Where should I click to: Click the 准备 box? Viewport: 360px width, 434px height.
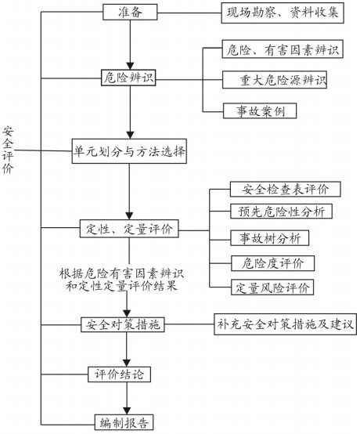(130, 13)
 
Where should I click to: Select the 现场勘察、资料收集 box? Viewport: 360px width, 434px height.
(283, 13)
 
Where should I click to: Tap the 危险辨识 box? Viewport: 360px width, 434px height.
(128, 78)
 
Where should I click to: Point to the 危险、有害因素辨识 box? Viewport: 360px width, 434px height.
(283, 49)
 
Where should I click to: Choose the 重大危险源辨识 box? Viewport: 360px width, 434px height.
(275, 80)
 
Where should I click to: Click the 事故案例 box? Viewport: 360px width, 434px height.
(260, 111)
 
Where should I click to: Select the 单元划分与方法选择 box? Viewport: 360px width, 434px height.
(129, 151)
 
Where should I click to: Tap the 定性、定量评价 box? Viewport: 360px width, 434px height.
(129, 229)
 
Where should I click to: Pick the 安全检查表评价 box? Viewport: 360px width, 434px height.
(286, 190)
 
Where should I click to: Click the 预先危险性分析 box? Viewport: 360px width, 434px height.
(282, 212)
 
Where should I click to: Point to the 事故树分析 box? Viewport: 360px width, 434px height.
(270, 238)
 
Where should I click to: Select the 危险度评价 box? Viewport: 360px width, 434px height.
(272, 263)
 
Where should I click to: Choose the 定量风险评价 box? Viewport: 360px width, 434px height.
(272, 288)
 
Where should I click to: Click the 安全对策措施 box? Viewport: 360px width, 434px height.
(123, 324)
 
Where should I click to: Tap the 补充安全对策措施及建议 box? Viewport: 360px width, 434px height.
(285, 324)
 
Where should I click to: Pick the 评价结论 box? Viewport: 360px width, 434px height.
(120, 374)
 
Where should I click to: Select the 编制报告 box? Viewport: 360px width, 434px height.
(124, 422)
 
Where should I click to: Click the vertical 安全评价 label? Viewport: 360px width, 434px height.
(8, 150)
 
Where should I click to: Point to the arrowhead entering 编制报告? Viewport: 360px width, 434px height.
(127, 410)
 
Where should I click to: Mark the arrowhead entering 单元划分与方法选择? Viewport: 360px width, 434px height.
(130, 135)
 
